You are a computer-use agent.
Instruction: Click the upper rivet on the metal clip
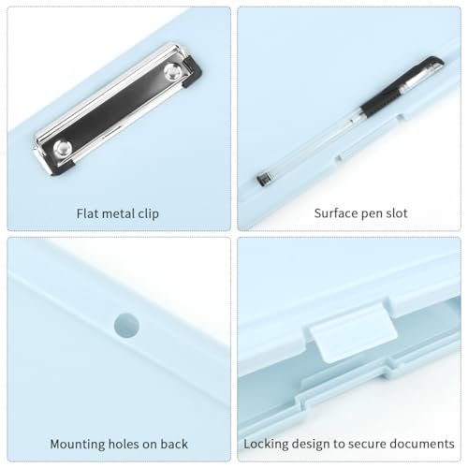pyautogui.click(x=172, y=72)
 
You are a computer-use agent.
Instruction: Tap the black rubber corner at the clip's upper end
pyautogui.click(x=192, y=71)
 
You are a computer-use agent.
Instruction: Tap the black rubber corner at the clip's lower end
pyautogui.click(x=63, y=168)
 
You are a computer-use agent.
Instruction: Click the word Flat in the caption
pyautogui.click(x=87, y=213)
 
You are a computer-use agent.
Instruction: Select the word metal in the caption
pyautogui.click(x=119, y=213)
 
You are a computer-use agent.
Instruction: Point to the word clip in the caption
pyautogui.click(x=149, y=214)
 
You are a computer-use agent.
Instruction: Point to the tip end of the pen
pyautogui.click(x=264, y=180)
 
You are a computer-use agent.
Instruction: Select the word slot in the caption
pyautogui.click(x=397, y=213)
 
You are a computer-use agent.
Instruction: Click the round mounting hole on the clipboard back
pyautogui.click(x=126, y=326)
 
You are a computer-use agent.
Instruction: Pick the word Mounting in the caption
pyautogui.click(x=78, y=445)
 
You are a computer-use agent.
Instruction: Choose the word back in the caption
pyautogui.click(x=174, y=444)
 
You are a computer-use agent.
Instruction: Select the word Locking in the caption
pyautogui.click(x=266, y=444)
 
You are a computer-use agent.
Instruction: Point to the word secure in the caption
pyautogui.click(x=368, y=445)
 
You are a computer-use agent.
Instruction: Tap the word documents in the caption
pyautogui.click(x=422, y=444)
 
